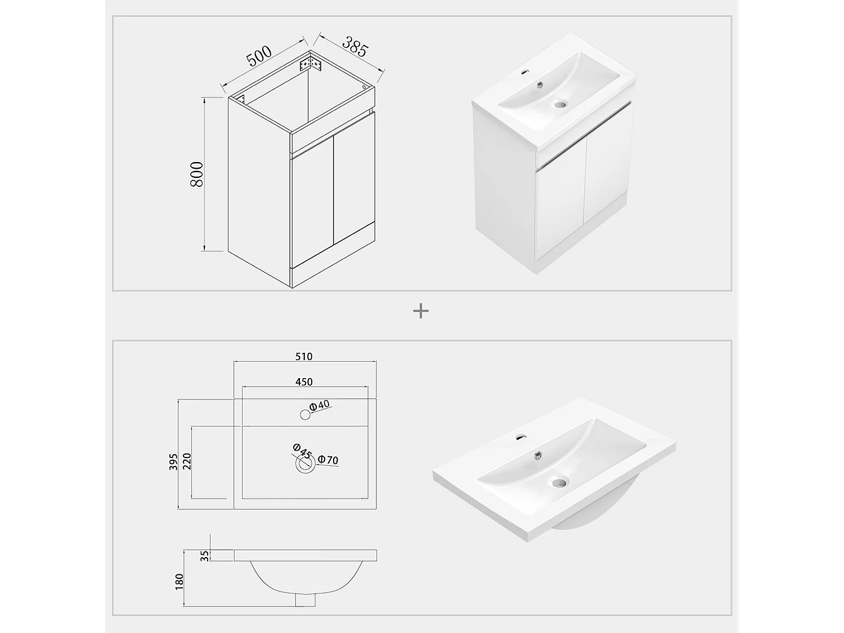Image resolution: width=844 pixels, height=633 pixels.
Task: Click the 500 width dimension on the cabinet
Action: [259, 56]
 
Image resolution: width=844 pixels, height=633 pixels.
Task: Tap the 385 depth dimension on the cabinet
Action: [355, 47]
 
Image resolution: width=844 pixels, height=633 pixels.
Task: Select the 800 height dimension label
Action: [196, 174]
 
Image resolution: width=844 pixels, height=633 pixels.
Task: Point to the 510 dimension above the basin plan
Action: [304, 357]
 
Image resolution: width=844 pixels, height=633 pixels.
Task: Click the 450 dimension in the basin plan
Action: [304, 382]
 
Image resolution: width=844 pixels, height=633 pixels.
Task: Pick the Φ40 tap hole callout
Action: [320, 406]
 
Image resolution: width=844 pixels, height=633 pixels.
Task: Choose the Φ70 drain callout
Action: [328, 460]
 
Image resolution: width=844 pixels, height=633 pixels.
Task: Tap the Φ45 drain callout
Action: [302, 451]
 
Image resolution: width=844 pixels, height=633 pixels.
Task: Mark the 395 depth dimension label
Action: [173, 461]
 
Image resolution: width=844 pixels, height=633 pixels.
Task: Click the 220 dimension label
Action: [187, 461]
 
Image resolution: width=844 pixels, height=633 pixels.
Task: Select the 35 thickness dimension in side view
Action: [205, 556]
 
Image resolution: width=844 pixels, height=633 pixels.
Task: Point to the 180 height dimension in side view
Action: [179, 582]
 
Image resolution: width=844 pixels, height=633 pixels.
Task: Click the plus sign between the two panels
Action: [421, 311]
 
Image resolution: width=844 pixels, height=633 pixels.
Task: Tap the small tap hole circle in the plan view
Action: [305, 415]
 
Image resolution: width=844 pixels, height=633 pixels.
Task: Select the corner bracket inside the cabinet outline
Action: [310, 64]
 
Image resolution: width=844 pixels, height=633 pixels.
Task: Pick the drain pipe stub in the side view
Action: [305, 600]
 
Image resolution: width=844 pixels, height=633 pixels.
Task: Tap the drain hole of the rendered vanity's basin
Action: [560, 104]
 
